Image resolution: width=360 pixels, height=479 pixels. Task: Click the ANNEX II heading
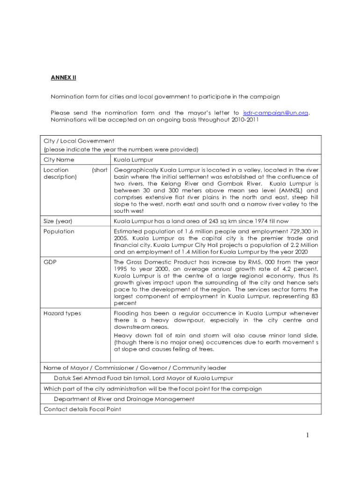pyautogui.click(x=63, y=78)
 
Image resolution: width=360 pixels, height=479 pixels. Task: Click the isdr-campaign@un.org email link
pyautogui.click(x=275, y=113)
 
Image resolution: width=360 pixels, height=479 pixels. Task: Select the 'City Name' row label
pyautogui.click(x=58, y=160)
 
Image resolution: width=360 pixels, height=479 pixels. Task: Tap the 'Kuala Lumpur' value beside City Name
pyautogui.click(x=133, y=160)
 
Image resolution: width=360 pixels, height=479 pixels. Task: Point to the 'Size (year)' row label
pyautogui.click(x=58, y=221)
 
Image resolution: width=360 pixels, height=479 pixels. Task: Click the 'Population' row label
pyautogui.click(x=58, y=232)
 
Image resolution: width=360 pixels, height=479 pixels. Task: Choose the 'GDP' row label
pyautogui.click(x=50, y=262)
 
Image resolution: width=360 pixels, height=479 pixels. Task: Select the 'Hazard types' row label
pyautogui.click(x=62, y=313)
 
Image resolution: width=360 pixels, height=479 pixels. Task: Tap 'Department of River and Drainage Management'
pyautogui.click(x=124, y=399)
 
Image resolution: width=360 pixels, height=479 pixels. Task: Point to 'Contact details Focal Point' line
pyautogui.click(x=82, y=409)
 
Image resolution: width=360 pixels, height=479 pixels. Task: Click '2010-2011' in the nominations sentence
pyautogui.click(x=244, y=120)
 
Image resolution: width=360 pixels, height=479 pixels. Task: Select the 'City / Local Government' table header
pyautogui.click(x=79, y=141)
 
